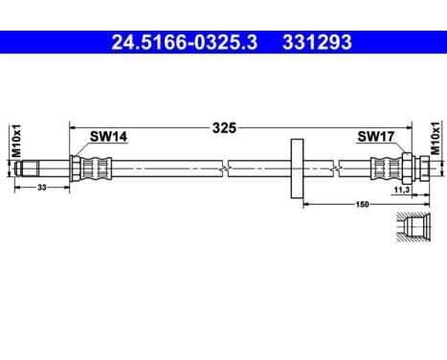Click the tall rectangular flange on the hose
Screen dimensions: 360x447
click(294, 169)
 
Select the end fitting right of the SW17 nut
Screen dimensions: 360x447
click(426, 169)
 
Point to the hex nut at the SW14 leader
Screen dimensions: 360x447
click(76, 169)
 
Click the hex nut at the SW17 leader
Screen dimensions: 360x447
click(407, 169)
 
